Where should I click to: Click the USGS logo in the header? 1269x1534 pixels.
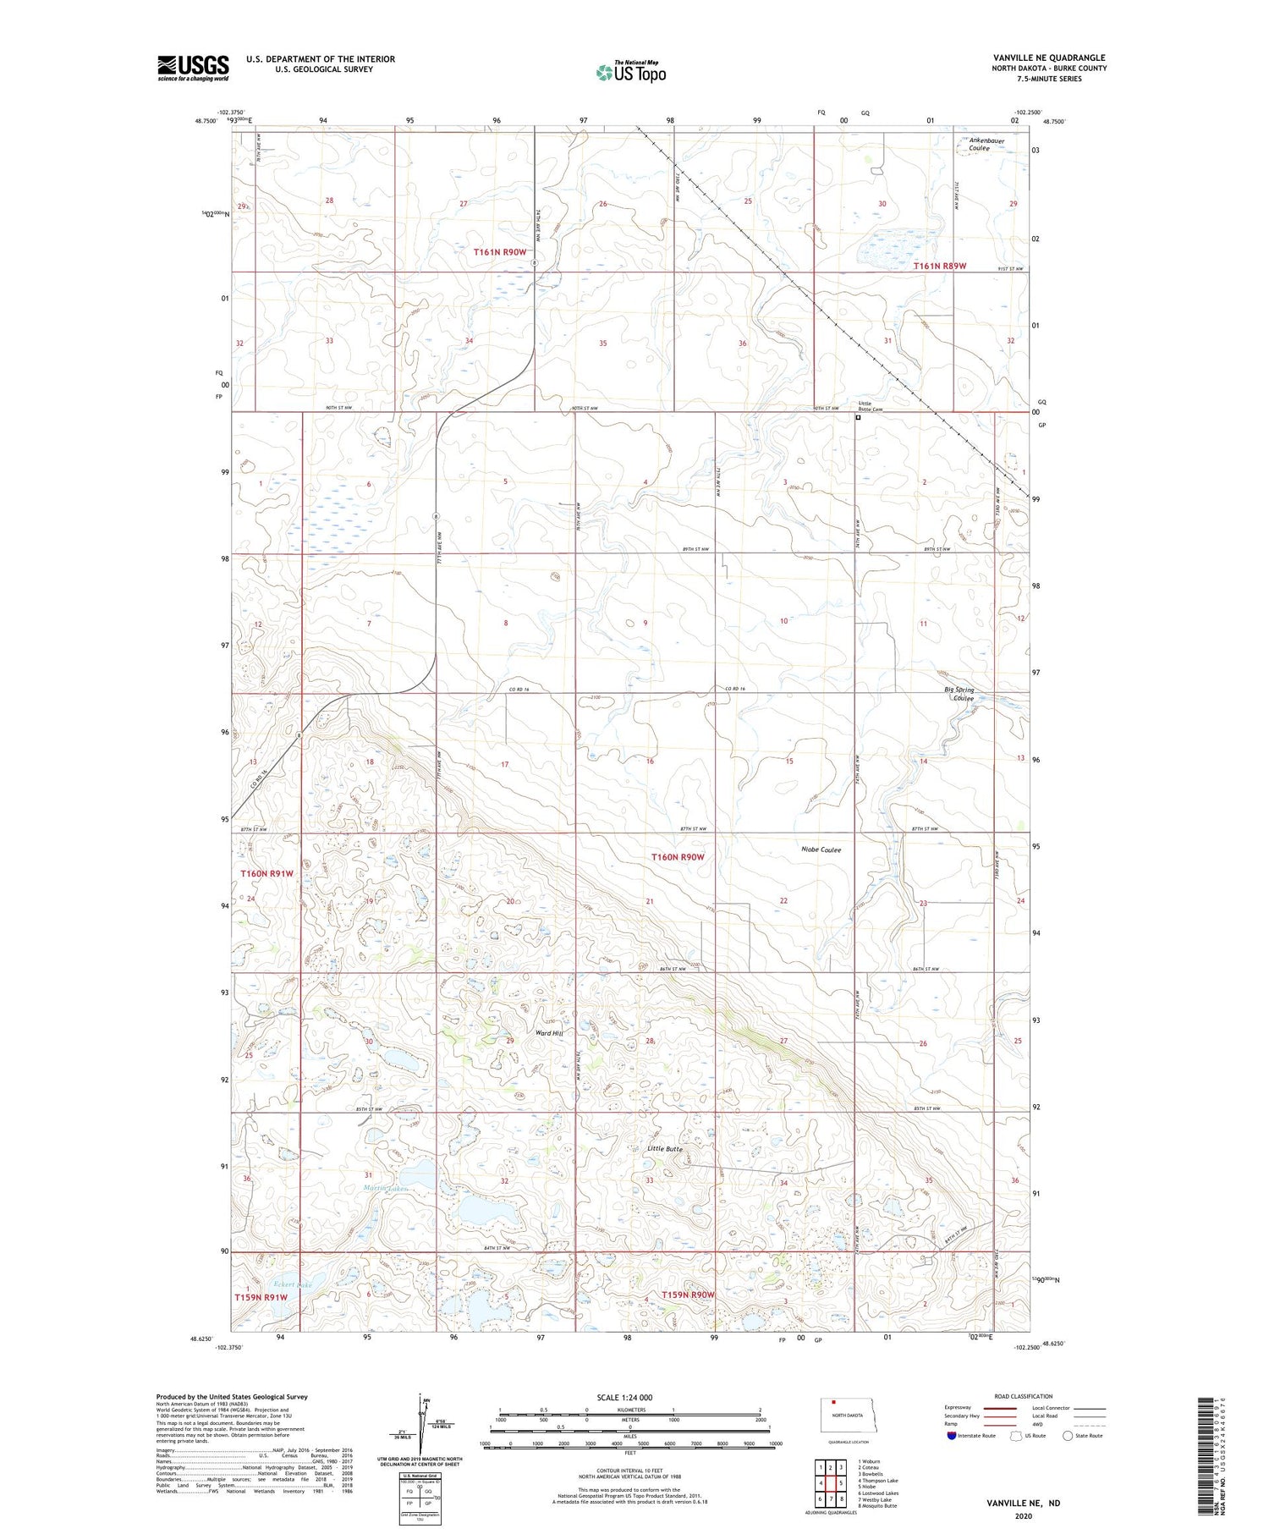point(193,68)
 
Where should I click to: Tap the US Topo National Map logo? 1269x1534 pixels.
point(630,72)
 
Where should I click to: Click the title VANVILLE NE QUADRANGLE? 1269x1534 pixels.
point(1049,58)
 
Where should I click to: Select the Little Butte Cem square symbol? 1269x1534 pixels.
point(858,417)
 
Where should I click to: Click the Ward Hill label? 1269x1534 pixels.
point(549,1033)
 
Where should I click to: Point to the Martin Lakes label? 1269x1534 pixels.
point(387,1189)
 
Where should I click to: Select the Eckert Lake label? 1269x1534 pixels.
point(293,1284)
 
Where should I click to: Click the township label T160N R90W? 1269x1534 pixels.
point(678,857)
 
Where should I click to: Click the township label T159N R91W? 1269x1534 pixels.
point(261,1296)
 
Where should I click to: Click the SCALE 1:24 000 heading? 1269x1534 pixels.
point(624,1397)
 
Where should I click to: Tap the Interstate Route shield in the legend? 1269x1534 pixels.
point(952,1435)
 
